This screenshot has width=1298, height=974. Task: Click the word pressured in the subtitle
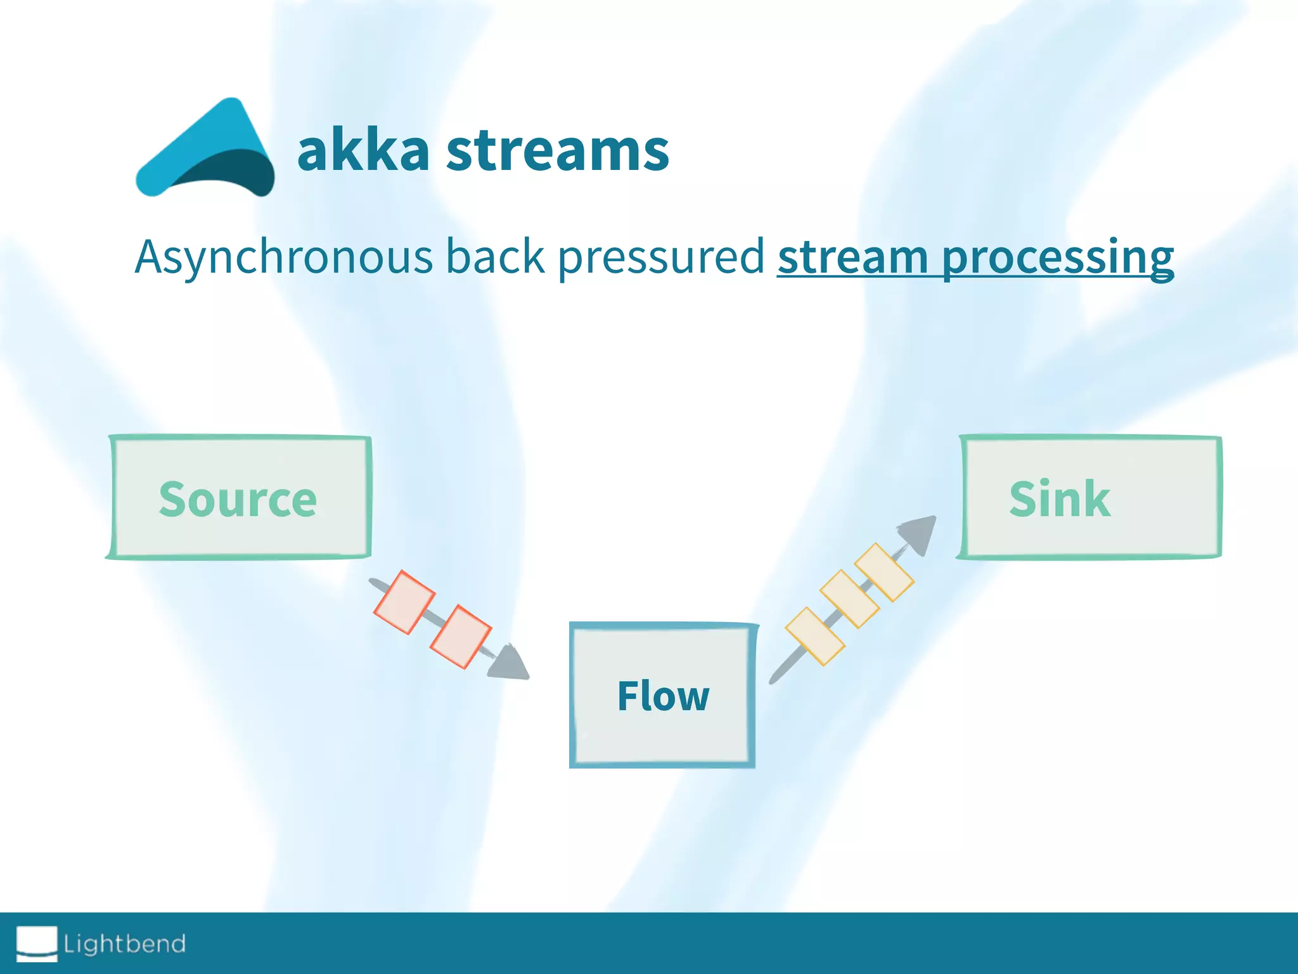click(x=660, y=257)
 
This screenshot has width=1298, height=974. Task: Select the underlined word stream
click(x=852, y=257)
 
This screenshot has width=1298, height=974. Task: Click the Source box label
click(x=238, y=499)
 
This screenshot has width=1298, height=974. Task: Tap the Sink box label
click(x=1060, y=499)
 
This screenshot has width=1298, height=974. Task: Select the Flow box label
click(x=663, y=696)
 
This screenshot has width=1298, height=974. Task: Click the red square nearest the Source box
click(x=404, y=602)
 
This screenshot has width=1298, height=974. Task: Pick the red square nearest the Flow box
click(x=461, y=637)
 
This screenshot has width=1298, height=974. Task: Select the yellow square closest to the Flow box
click(x=815, y=636)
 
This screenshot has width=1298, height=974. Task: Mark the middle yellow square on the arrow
click(x=849, y=599)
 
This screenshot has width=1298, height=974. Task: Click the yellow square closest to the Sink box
click(x=884, y=572)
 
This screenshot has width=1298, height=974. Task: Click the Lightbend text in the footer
click(x=125, y=944)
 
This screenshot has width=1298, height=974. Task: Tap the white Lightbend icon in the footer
click(x=37, y=943)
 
